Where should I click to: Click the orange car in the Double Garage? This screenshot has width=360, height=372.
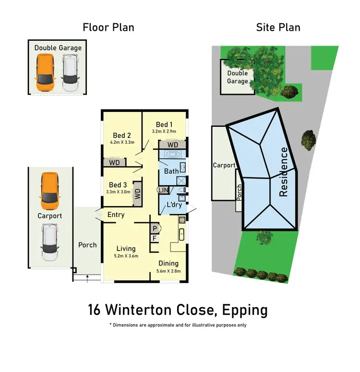45,72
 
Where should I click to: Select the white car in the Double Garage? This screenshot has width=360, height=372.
70,72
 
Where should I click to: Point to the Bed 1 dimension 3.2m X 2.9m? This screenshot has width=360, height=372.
164,131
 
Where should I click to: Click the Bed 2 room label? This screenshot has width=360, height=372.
122,135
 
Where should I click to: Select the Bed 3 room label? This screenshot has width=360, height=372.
118,185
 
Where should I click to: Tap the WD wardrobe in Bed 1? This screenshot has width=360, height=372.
173,144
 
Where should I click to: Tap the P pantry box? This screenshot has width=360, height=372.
155,228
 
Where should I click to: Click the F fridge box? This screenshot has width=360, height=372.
155,238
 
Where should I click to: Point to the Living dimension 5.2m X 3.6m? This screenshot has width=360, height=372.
125,256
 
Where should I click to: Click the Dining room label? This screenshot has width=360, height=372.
168,263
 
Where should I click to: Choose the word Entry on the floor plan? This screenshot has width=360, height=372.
116,215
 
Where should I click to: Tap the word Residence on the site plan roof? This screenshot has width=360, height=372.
284,172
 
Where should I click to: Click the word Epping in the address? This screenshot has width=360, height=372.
245,310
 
